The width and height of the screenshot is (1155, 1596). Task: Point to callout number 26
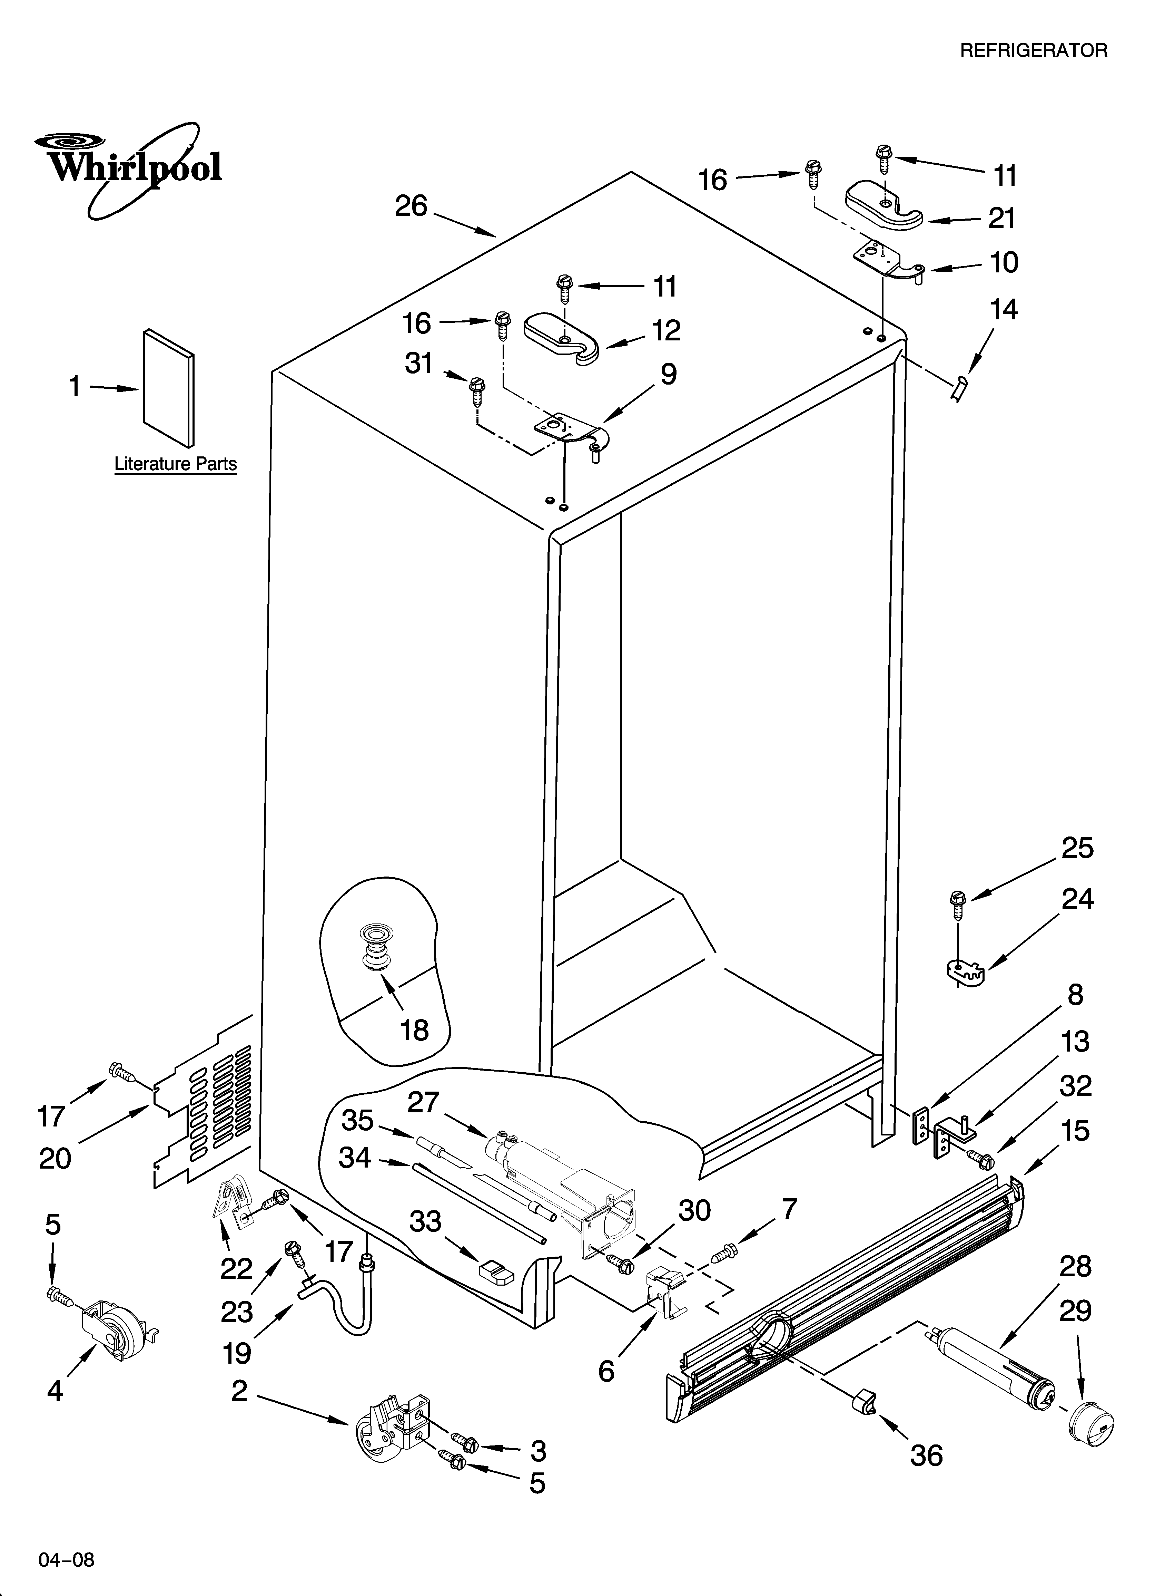pos(412,206)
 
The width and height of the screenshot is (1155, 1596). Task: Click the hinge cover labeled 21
pos(883,205)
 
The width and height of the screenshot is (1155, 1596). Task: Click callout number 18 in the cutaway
pos(414,1031)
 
